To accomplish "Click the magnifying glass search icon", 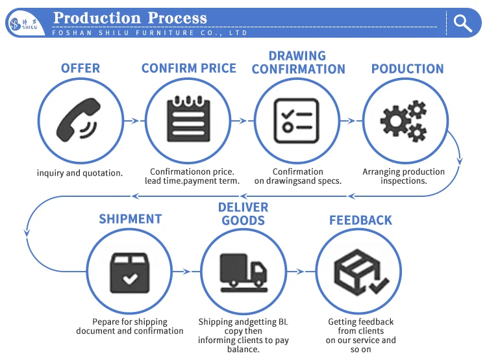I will click(x=463, y=23).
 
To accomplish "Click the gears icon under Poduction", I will click(x=404, y=122).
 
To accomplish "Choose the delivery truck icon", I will click(x=243, y=271).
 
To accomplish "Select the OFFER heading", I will click(x=81, y=68).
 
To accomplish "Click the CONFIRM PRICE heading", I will click(x=189, y=68).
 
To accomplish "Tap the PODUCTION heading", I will click(x=407, y=68).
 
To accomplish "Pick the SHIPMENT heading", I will click(x=130, y=219).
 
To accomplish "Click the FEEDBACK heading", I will click(x=360, y=220).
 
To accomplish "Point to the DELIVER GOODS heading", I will click(x=243, y=213).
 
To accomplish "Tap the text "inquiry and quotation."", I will click(x=80, y=173).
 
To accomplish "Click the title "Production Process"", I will click(x=130, y=18).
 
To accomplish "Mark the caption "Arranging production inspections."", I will click(x=403, y=176).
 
